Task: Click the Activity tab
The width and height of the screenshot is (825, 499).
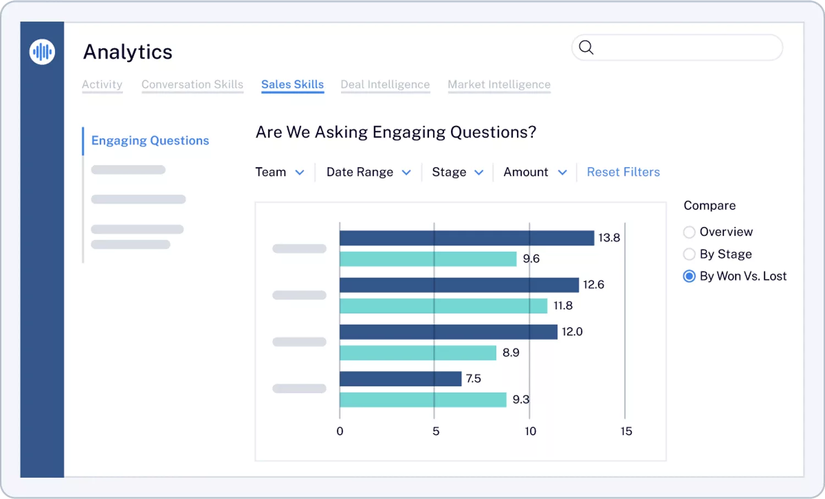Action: pos(102,85)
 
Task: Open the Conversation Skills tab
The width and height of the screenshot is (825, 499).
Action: pos(192,85)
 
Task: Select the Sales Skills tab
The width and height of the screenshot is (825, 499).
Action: pos(292,85)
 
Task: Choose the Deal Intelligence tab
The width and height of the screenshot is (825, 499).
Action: pos(385,85)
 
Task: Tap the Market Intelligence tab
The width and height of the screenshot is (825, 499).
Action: pos(499,85)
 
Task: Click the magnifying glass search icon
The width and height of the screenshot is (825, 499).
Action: pos(586,48)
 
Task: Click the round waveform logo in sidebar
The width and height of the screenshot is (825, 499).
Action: pos(42,52)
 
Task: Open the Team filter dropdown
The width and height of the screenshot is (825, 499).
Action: pos(279,172)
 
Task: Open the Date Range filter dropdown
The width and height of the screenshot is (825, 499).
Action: pos(368,172)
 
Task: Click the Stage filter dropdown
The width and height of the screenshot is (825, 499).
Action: pos(457,172)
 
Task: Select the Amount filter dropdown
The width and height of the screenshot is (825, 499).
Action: pos(535,172)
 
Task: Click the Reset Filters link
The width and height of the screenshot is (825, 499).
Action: pos(623,172)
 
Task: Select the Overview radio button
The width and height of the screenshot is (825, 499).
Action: pos(689,232)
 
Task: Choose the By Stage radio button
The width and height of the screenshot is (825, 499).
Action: pos(689,254)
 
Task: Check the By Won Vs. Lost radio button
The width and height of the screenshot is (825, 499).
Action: pos(689,276)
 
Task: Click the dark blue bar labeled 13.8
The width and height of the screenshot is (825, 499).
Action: pos(466,238)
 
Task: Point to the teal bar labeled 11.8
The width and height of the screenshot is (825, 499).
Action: pos(443,306)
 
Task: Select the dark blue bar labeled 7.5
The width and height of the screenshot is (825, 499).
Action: pos(400,379)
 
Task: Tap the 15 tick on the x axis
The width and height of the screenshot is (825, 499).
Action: pos(626,431)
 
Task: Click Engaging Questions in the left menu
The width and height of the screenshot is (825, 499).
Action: pos(150,141)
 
